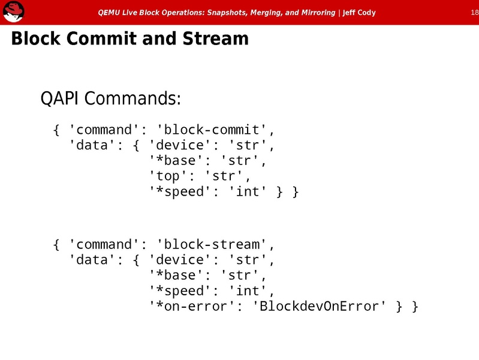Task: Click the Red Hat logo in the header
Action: point(13,12)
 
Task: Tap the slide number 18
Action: point(474,12)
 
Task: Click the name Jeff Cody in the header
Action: point(359,13)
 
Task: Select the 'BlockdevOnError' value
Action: point(321,307)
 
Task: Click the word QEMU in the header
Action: point(109,13)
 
